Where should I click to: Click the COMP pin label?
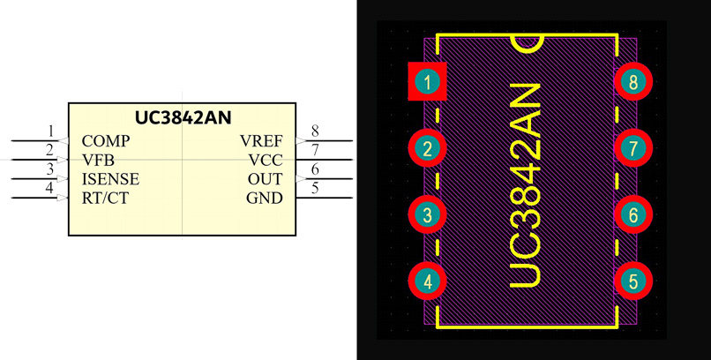(x=106, y=141)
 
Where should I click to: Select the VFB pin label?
(x=98, y=160)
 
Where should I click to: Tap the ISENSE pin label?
(x=110, y=179)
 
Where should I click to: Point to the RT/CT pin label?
(x=105, y=199)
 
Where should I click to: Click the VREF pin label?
(x=261, y=141)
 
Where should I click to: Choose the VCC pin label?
(x=266, y=160)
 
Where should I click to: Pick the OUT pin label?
(x=265, y=179)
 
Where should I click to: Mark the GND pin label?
(x=265, y=199)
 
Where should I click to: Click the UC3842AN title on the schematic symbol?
(x=183, y=116)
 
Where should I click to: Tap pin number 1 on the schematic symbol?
(x=50, y=132)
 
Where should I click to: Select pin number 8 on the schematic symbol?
(x=315, y=132)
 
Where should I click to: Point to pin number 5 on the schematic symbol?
(x=315, y=188)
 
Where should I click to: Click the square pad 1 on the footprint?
(x=428, y=83)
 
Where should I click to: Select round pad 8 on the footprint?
(x=633, y=83)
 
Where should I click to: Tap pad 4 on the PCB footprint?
(x=428, y=281)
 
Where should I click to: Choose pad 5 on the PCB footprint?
(x=633, y=281)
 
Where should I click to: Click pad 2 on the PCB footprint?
(x=428, y=149)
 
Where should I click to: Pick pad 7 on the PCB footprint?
(x=633, y=149)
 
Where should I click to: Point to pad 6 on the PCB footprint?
(x=633, y=215)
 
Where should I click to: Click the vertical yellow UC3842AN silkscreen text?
(x=527, y=185)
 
